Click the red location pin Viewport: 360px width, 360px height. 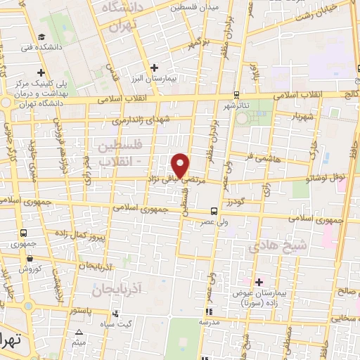(x=181, y=165)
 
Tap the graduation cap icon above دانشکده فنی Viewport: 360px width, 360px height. (x=43, y=37)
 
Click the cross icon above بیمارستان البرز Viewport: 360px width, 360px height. (x=155, y=67)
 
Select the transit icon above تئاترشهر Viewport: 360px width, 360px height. (x=236, y=95)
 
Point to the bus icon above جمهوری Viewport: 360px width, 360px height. (x=25, y=233)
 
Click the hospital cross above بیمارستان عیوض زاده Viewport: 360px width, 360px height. (x=259, y=282)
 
